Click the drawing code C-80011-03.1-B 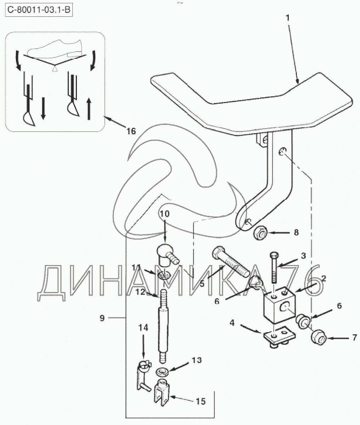pos(39,10)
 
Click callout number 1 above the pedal pos(288,18)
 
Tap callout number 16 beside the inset pos(131,131)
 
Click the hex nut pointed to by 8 pos(260,233)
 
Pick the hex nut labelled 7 pos(319,337)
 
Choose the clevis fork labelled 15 pos(162,392)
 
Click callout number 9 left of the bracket pos(102,318)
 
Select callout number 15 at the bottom pos(201,401)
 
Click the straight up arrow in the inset pos(89,109)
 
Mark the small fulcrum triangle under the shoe pos(54,68)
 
